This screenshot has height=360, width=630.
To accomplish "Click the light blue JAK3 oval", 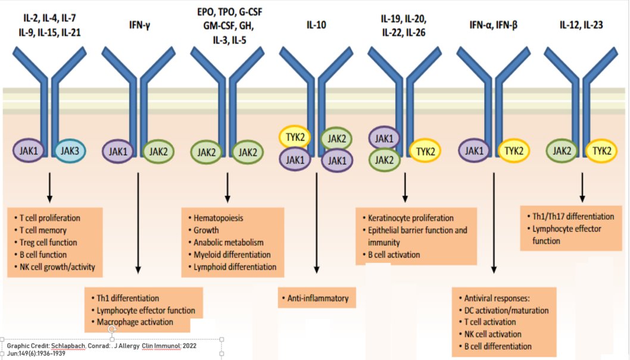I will click(70, 151).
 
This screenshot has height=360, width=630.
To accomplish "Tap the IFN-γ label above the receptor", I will click(139, 25).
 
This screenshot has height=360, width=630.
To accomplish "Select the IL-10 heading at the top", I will click(316, 25).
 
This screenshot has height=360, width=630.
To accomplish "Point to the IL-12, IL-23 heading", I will click(582, 25).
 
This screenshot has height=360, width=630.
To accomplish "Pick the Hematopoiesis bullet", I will click(218, 218).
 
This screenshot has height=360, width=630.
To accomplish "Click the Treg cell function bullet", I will click(49, 242).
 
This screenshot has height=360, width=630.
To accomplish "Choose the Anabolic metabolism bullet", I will click(228, 242).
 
